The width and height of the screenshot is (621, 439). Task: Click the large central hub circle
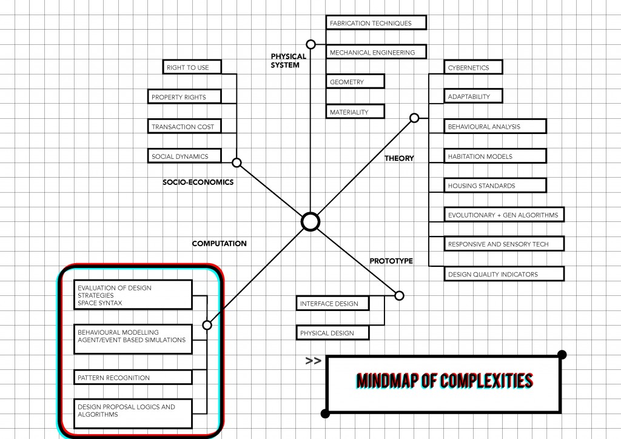pyautogui.click(x=310, y=222)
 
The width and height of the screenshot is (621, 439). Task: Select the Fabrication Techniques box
pyautogui.click(x=376, y=23)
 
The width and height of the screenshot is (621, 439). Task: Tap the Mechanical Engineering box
pyautogui.click(x=376, y=53)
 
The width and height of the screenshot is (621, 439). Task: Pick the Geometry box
pyautogui.click(x=355, y=82)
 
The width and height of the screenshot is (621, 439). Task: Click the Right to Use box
pyautogui.click(x=192, y=67)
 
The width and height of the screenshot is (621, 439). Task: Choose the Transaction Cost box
pyautogui.click(x=184, y=127)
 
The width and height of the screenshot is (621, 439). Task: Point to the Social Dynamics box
pyautogui.click(x=184, y=156)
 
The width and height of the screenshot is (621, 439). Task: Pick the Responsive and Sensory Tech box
pyautogui.click(x=505, y=244)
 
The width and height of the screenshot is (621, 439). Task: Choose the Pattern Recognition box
pyautogui.click(x=133, y=377)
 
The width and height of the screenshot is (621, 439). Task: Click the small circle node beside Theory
pyautogui.click(x=414, y=118)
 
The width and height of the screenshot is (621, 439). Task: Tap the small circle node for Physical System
pyautogui.click(x=311, y=44)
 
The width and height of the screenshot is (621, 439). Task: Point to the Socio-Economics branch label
pyautogui.click(x=198, y=182)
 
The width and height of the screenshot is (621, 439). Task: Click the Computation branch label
pyautogui.click(x=219, y=244)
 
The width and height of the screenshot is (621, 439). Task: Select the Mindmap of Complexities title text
pyautogui.click(x=445, y=381)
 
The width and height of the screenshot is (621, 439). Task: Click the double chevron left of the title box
pyautogui.click(x=313, y=361)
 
